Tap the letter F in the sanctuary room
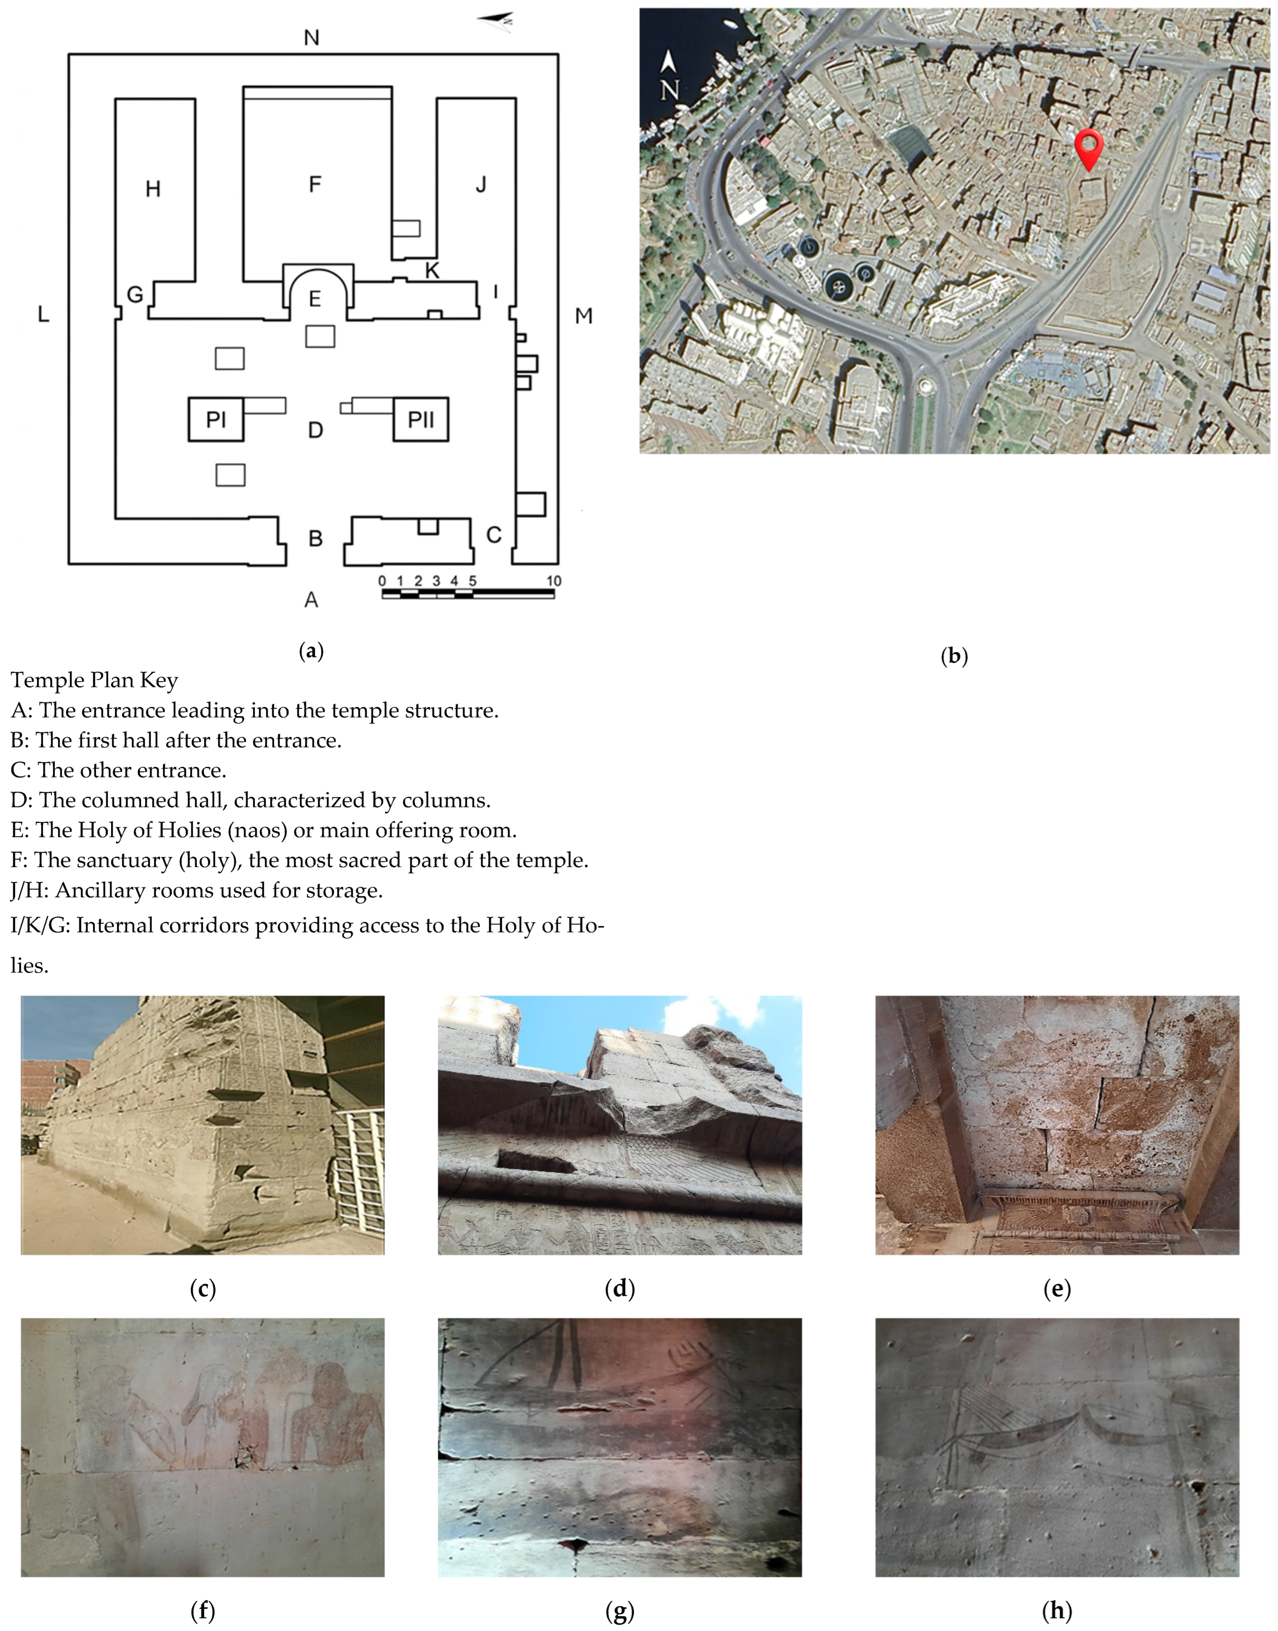click(315, 184)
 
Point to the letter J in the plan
click(481, 184)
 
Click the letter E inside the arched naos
click(315, 299)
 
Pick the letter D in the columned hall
click(316, 430)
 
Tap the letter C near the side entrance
click(494, 535)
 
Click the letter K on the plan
click(432, 271)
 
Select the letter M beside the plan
click(584, 317)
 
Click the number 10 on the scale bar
click(554, 580)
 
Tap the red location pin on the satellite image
click(1089, 148)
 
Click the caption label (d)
click(619, 1288)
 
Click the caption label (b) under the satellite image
click(954, 656)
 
